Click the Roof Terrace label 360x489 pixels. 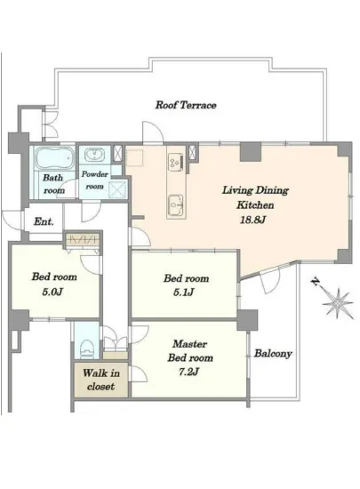(186, 105)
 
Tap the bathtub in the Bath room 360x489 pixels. (53, 157)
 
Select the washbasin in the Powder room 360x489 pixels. (93, 155)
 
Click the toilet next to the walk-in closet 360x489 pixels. (87, 349)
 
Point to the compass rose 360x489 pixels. (338, 303)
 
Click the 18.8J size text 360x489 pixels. (252, 220)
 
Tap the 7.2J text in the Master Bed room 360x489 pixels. (188, 372)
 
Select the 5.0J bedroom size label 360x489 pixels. (52, 292)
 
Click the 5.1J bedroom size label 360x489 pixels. (184, 293)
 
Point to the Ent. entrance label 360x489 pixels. (44, 221)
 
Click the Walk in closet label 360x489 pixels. (101, 380)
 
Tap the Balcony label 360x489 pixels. (273, 353)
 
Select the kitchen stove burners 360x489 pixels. (174, 162)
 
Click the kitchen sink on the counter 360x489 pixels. (175, 204)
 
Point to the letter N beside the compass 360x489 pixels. (316, 282)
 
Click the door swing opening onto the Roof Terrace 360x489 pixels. (152, 132)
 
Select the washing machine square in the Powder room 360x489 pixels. (118, 189)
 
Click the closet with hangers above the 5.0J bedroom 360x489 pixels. (83, 239)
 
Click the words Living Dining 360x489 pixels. (255, 190)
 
